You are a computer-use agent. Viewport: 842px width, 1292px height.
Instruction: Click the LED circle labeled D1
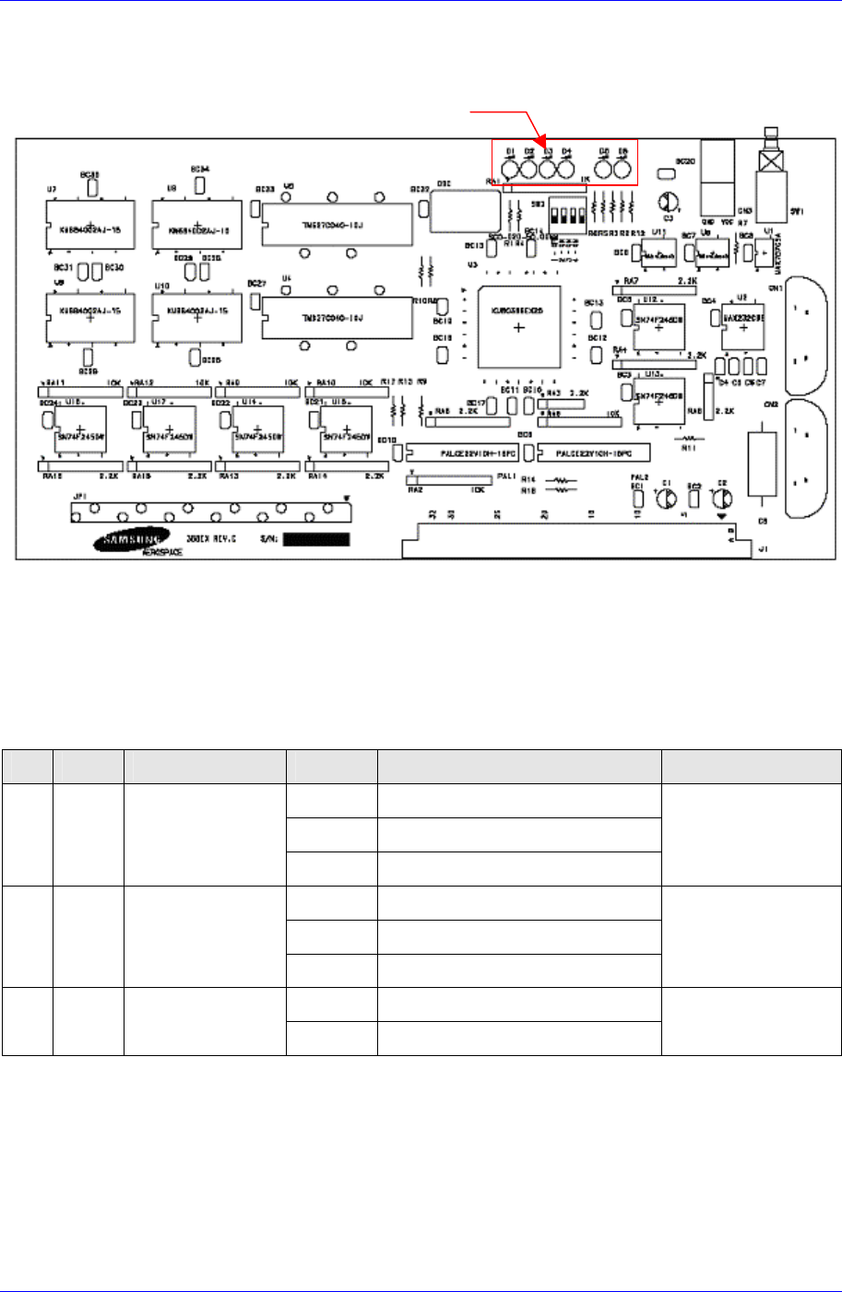pyautogui.click(x=510, y=168)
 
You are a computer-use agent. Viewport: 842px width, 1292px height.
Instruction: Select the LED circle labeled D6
pyautogui.click(x=623, y=168)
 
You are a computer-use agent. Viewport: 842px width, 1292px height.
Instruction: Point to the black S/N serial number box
pyautogui.click(x=316, y=538)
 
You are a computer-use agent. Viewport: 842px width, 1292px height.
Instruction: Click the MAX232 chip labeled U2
pyautogui.click(x=743, y=322)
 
